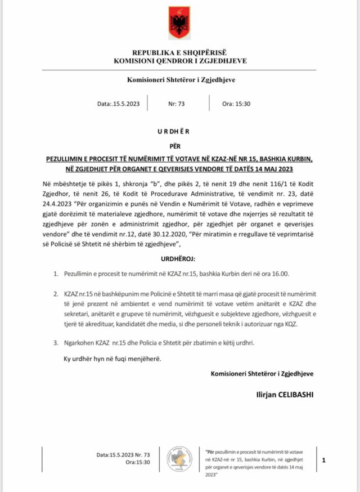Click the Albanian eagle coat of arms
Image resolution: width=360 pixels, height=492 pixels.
[x=179, y=24]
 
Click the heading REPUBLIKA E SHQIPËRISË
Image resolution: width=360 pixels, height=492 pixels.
[x=180, y=52]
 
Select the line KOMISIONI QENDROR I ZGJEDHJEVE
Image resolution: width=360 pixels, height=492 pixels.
[x=180, y=60]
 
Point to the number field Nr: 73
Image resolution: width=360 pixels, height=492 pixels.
[x=177, y=104]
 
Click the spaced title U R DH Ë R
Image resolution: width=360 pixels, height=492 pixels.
[x=179, y=131]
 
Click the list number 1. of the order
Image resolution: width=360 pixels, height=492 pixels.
[x=55, y=274]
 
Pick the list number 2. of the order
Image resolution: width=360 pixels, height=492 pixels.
[x=55, y=293]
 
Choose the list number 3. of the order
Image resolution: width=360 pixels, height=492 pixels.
[x=55, y=342]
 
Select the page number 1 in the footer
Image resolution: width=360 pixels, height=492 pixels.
[x=324, y=460]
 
